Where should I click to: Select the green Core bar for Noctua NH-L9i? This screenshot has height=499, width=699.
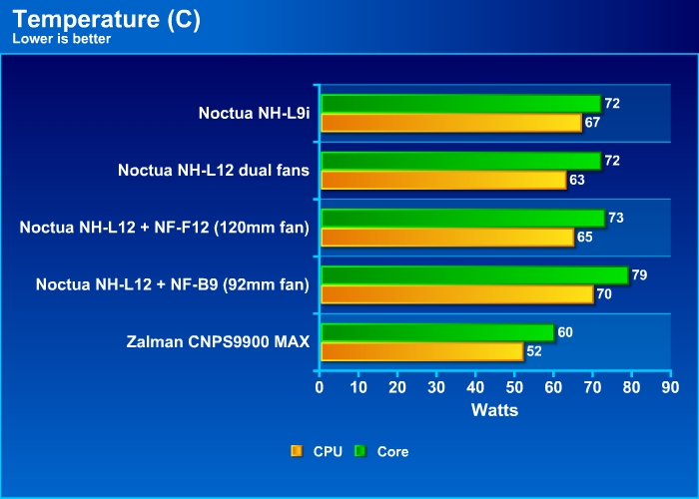(x=460, y=104)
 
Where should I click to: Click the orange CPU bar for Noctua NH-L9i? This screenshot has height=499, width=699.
(x=450, y=123)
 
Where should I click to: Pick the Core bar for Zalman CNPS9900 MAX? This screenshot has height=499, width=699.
(x=436, y=332)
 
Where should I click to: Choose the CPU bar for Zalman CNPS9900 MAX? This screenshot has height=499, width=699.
(x=421, y=351)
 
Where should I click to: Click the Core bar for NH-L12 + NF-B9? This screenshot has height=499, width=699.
(x=473, y=275)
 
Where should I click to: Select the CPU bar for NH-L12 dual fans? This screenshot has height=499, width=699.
(x=442, y=180)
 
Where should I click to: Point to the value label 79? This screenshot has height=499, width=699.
(x=640, y=274)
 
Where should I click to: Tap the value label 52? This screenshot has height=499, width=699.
(x=535, y=351)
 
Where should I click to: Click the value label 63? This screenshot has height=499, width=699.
(x=577, y=180)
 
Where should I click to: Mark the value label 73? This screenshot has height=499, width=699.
(x=616, y=218)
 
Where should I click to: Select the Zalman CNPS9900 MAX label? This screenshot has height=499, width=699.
(x=219, y=342)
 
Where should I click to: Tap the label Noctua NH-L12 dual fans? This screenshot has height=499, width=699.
(x=214, y=171)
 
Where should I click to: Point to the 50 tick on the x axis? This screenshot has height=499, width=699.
(x=514, y=387)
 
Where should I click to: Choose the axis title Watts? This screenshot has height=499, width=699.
(x=494, y=408)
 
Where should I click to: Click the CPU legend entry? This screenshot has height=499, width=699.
(x=318, y=451)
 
